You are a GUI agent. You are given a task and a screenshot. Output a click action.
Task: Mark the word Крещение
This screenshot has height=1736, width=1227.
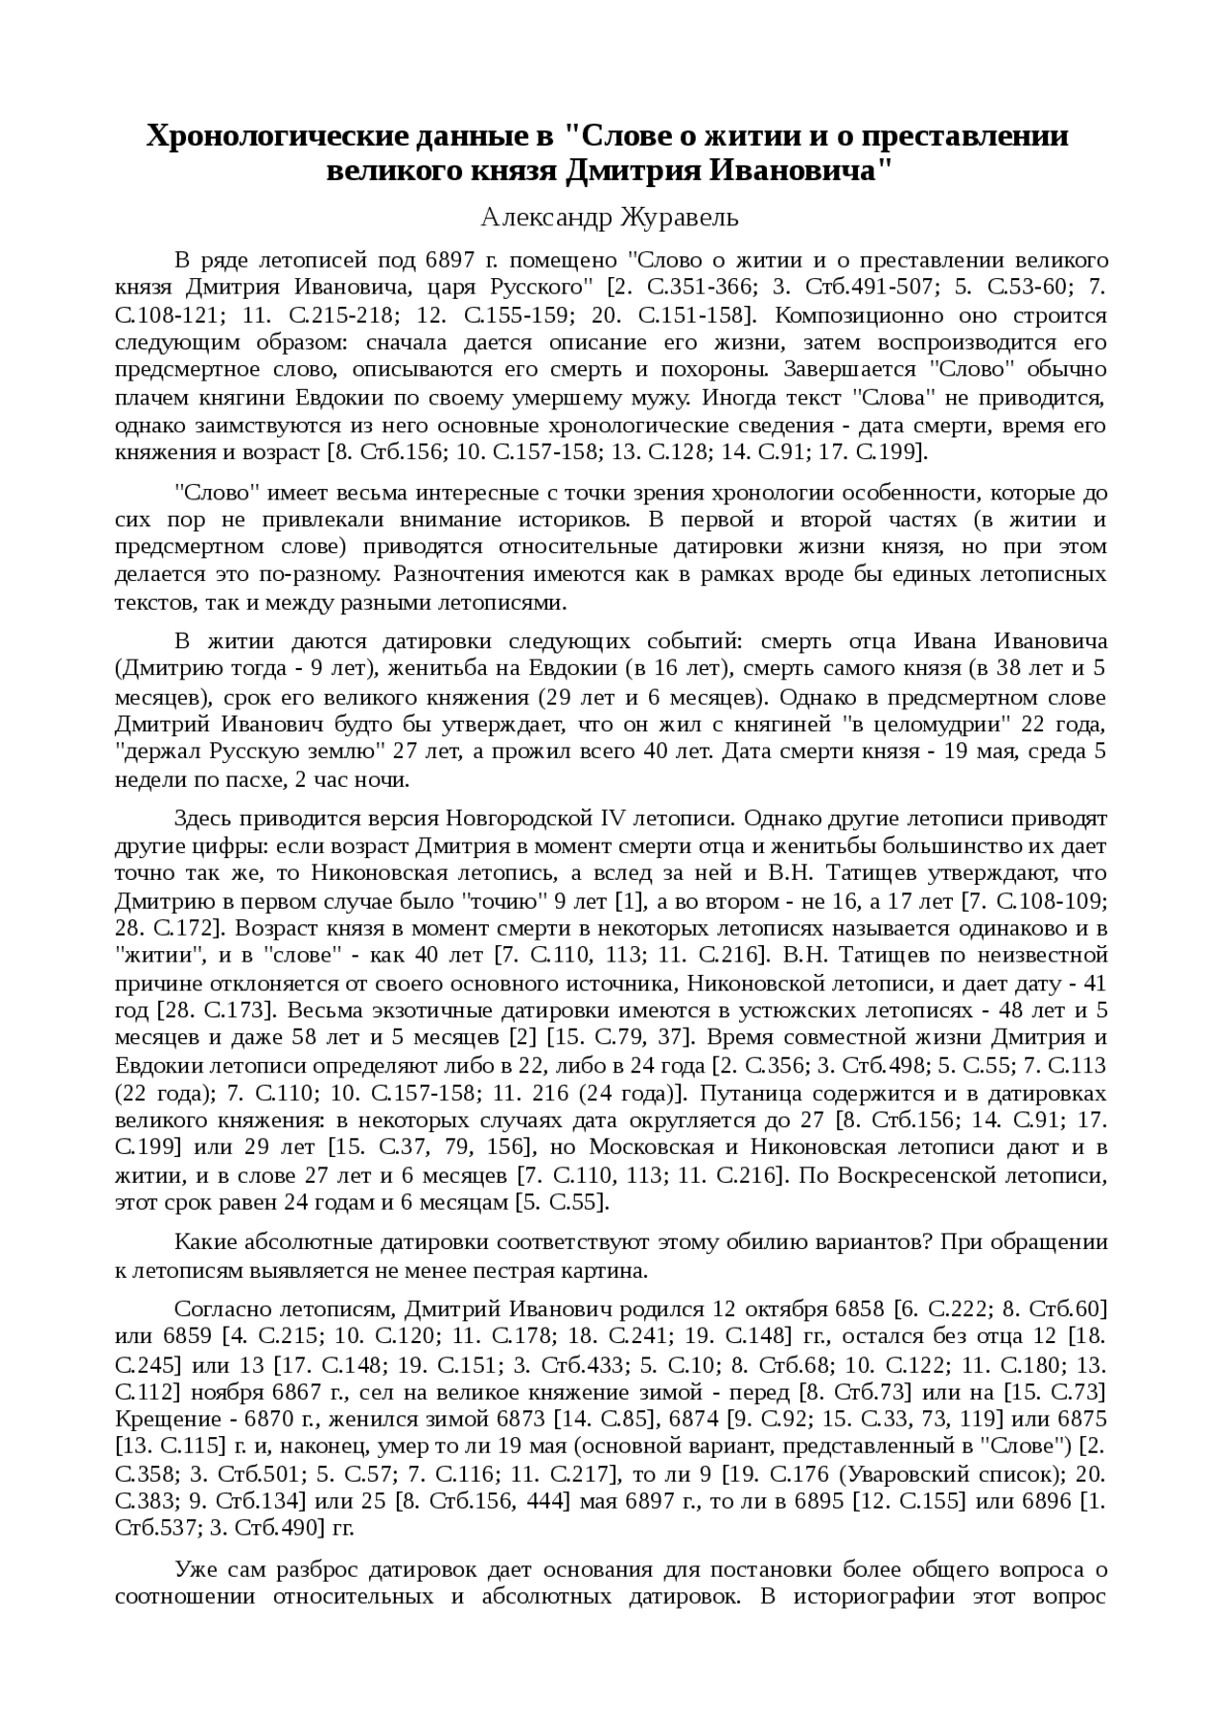coord(161,1418)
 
